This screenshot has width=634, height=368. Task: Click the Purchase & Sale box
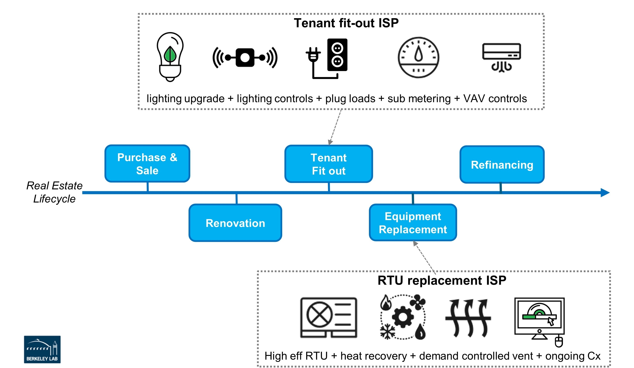point(147,164)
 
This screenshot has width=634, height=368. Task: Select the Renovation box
point(235,223)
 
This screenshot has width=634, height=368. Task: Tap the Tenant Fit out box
point(329,164)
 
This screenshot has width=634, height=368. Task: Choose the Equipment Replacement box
point(413,223)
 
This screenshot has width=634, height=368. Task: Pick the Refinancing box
point(502,165)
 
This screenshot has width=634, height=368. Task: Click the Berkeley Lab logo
point(42,349)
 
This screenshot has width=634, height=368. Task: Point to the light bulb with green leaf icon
point(170,57)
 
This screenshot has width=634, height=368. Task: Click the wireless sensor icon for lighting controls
point(245,58)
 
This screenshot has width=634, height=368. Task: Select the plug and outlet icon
point(327,58)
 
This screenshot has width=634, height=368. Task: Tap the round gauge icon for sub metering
point(418,58)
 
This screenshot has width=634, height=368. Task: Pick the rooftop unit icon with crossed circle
point(329,318)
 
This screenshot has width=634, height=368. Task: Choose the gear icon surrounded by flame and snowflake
point(403,317)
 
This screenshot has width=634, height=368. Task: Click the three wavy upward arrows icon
point(468,318)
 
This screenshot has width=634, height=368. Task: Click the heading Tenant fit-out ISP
point(346,23)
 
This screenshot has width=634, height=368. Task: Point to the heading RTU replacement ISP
point(442,280)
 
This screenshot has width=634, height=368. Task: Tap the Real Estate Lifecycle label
point(54,192)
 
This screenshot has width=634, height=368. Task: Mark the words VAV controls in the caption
point(495,99)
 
